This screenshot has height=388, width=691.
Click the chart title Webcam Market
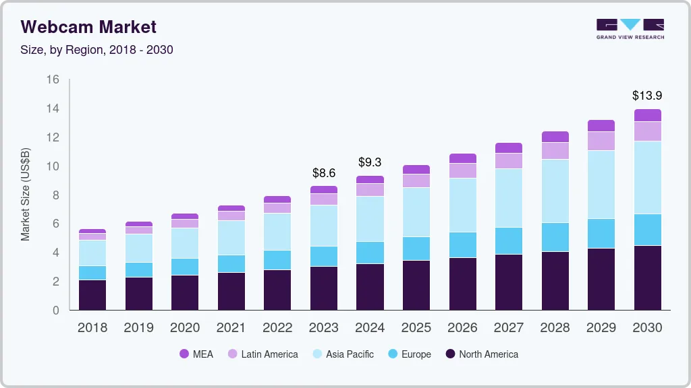88,27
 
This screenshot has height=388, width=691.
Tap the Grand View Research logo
630,29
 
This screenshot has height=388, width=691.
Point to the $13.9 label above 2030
647,96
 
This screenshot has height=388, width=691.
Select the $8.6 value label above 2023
323,173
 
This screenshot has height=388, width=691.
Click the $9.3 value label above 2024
370,162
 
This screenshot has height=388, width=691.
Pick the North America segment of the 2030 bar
647,278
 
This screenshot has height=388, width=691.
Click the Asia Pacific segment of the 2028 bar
555,191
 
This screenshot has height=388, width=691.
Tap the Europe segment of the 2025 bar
416,248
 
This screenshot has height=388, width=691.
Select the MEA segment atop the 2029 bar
601,125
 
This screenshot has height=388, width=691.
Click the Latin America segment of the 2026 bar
462,170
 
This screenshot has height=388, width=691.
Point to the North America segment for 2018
92,294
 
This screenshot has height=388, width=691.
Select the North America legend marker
449,354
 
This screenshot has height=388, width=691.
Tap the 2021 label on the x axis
231,328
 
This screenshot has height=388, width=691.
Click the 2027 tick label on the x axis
508,328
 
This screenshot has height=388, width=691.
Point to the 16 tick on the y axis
53,79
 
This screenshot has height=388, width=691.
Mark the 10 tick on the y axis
53,166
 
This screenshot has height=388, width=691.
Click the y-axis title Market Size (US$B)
25,195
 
